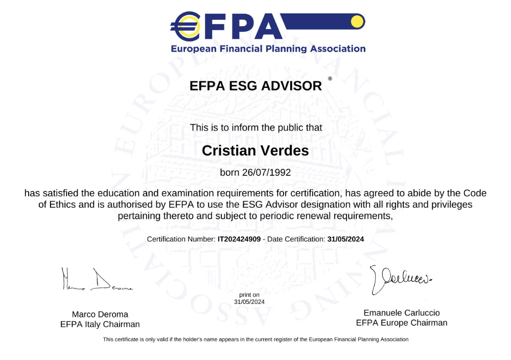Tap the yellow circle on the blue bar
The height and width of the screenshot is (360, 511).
(356, 21)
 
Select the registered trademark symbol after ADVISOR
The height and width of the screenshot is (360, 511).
(330, 79)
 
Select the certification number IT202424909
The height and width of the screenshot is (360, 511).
(239, 239)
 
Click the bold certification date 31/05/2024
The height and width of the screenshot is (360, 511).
(345, 239)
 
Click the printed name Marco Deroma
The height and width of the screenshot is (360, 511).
(100, 314)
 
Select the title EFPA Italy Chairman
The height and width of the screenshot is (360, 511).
(100, 324)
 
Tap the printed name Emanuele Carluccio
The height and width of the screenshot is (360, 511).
(401, 312)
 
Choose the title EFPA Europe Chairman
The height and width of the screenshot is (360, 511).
(401, 323)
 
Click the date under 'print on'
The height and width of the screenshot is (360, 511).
(249, 302)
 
